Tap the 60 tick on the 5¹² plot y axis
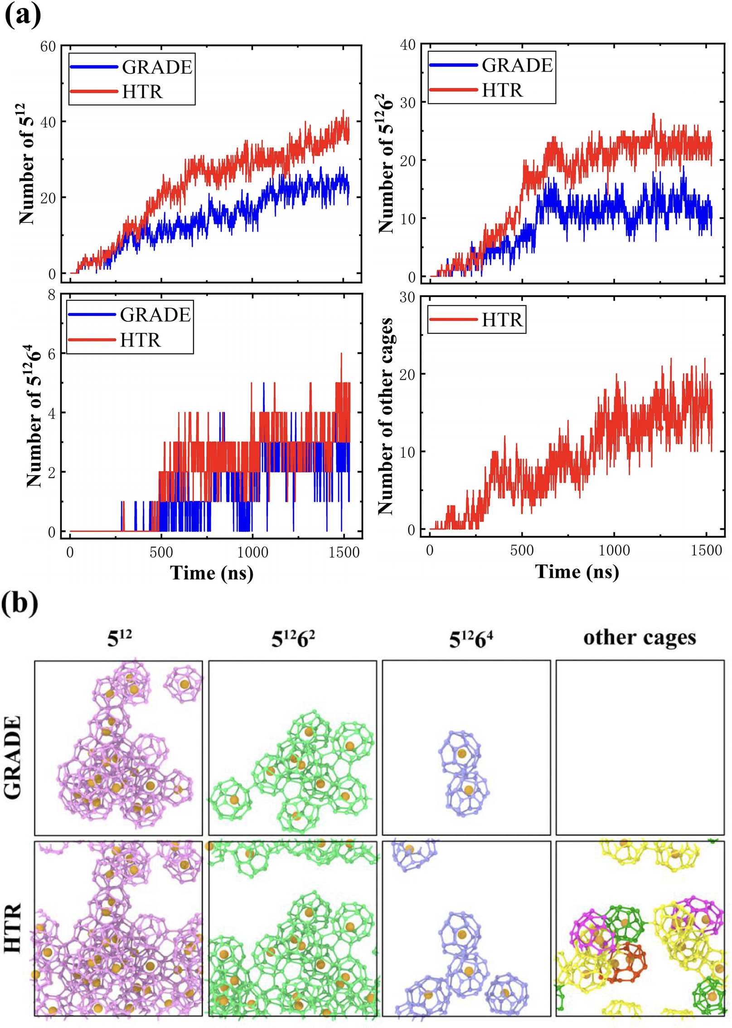(48, 47)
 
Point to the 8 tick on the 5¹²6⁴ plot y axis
(52, 295)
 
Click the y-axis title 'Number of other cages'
(385, 416)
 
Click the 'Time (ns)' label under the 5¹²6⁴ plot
(212, 573)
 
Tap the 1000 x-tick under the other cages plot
(614, 550)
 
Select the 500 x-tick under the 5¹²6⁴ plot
(161, 552)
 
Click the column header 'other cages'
(639, 638)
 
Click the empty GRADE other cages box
(640, 747)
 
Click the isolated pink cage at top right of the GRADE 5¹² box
(183, 684)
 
